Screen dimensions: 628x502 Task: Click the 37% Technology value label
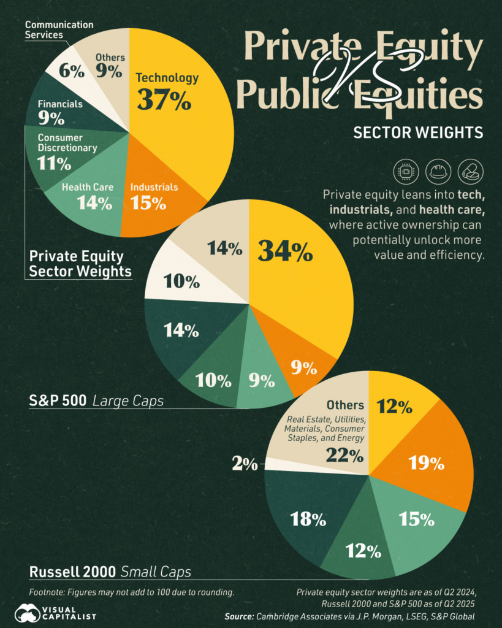(x=164, y=100)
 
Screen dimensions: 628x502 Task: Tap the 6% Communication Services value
(x=71, y=71)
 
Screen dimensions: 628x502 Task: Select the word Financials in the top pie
(x=60, y=104)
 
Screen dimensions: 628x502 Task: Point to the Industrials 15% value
(x=149, y=203)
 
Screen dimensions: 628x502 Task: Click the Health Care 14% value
(x=94, y=203)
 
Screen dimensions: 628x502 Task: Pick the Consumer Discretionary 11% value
(x=54, y=163)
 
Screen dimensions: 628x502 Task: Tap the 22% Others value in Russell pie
(x=344, y=455)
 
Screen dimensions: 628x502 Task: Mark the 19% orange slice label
(x=427, y=463)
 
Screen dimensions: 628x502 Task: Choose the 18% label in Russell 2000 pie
(x=308, y=520)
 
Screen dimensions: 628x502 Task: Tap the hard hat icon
(x=439, y=172)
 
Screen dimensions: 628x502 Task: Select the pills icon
(x=470, y=172)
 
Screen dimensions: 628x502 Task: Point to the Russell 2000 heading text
(x=72, y=572)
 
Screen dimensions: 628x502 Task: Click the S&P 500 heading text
(x=58, y=401)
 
